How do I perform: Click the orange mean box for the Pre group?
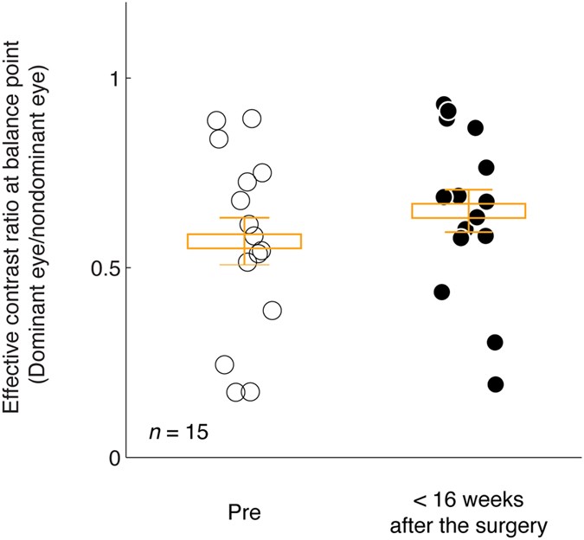tap(244, 241)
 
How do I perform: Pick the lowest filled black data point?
tap(495, 384)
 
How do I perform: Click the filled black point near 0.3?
tap(495, 343)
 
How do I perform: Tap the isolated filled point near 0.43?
tap(442, 292)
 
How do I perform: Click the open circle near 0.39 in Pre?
tap(272, 311)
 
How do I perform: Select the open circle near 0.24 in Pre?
tap(224, 364)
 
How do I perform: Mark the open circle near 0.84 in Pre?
tap(219, 138)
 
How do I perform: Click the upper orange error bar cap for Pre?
tap(244, 217)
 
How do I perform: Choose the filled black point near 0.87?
tap(475, 128)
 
